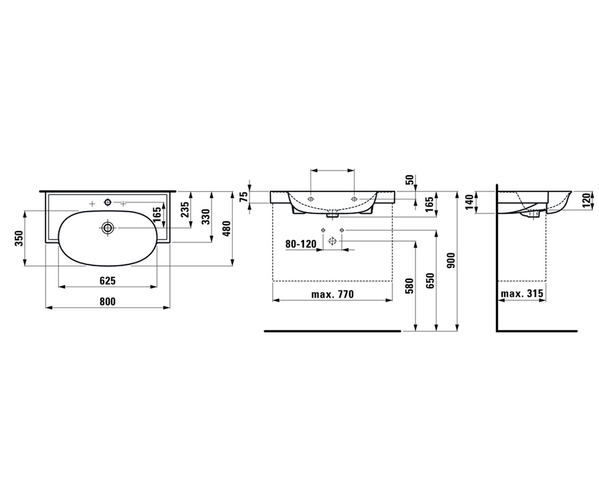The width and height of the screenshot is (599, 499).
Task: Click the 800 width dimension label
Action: point(108,301)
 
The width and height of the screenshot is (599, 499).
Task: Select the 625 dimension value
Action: point(108,281)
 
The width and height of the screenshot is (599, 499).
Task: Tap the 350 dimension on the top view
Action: point(19,239)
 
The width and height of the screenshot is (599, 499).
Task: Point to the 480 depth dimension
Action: point(227,229)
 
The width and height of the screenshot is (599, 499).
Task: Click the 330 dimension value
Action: point(206,217)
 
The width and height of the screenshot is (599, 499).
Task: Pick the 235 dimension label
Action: point(185,210)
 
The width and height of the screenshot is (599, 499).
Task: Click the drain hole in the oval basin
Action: point(108,228)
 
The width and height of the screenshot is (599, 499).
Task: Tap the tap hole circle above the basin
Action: point(108,203)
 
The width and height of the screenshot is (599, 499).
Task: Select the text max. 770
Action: point(332,294)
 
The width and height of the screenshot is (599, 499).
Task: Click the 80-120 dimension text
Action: point(300,244)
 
